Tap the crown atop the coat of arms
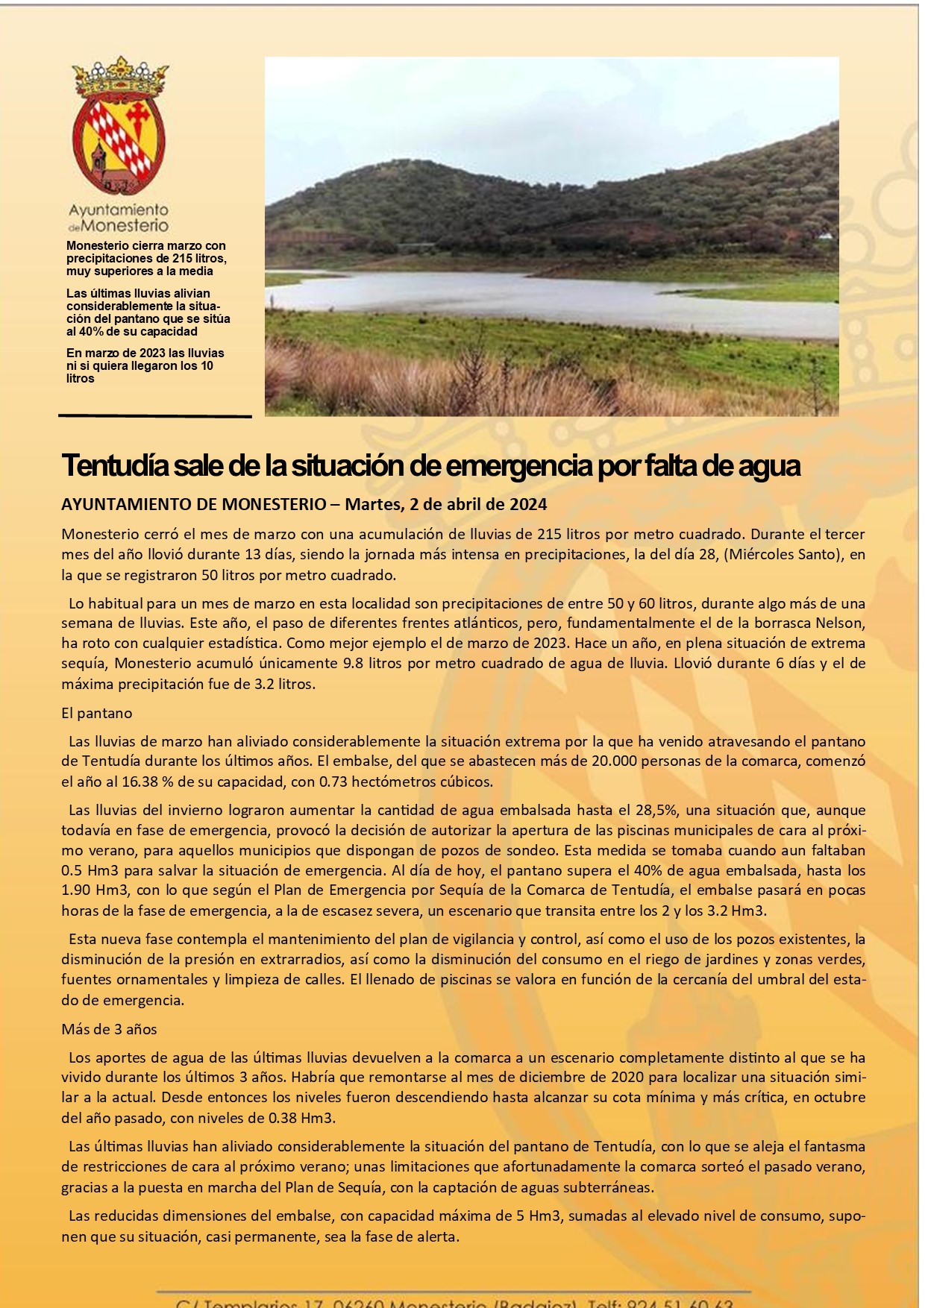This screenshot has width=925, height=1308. [119, 75]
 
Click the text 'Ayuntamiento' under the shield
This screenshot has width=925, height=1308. [119, 210]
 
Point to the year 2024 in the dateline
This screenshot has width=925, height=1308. [528, 504]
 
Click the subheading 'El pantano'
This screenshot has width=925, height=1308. [97, 713]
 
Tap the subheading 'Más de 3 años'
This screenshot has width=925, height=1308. [109, 1029]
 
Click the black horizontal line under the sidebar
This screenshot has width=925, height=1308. [154, 416]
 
